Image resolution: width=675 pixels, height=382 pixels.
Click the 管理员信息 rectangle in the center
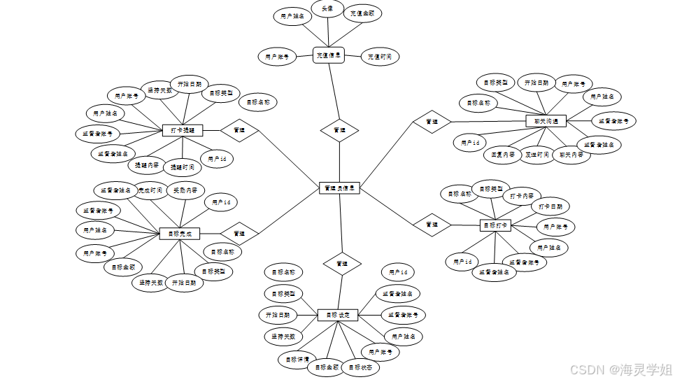[340, 188]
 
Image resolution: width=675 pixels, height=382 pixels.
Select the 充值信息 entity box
[328, 55]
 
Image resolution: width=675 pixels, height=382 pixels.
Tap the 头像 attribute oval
[327, 10]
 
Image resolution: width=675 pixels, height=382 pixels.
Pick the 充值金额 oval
[362, 13]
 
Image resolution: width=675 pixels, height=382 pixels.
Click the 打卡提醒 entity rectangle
[182, 130]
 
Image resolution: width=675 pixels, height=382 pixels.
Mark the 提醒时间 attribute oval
[183, 167]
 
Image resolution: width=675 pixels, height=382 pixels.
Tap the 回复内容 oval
[502, 155]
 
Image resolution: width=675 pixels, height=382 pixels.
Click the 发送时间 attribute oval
[537, 155]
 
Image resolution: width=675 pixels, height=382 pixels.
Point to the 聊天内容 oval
[571, 155]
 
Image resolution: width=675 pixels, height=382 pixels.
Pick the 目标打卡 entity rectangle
[496, 225]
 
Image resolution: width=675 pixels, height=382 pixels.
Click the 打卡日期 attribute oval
[550, 207]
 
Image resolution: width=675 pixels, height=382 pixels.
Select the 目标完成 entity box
[180, 234]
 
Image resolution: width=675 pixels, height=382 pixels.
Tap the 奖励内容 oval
[185, 190]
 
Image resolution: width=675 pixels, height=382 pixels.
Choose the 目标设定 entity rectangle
[338, 316]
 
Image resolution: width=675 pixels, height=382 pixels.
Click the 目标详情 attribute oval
[297, 360]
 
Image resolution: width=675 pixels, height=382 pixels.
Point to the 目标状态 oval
[362, 367]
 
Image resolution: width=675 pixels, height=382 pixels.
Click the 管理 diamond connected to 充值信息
[340, 130]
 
